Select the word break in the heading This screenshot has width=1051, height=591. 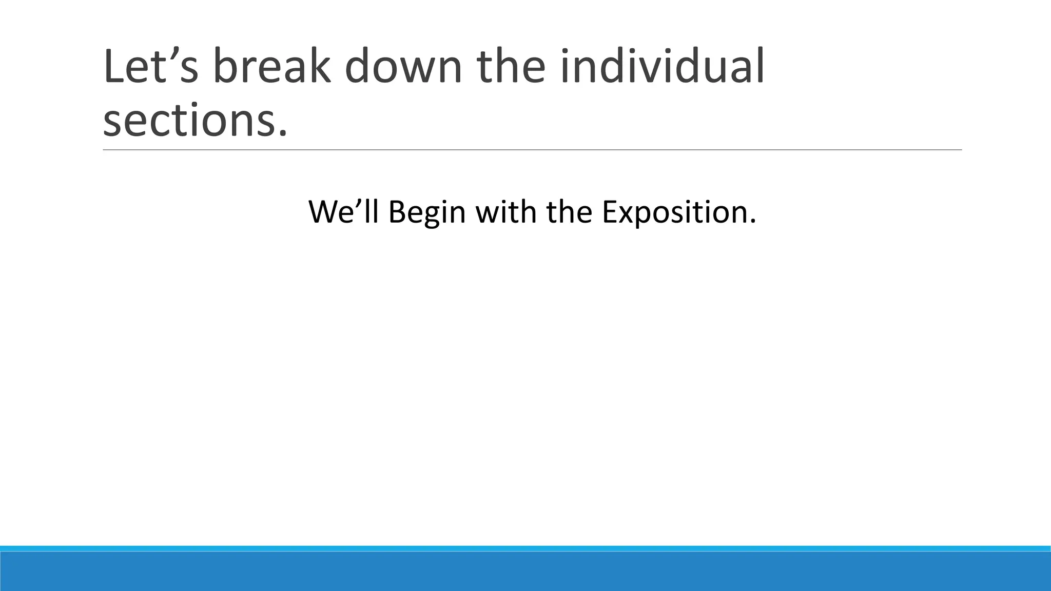coord(271,67)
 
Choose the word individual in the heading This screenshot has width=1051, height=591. coord(663,67)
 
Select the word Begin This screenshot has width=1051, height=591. coord(427,212)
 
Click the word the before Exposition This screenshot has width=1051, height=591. coord(570,211)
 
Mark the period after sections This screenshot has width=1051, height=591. coord(281,134)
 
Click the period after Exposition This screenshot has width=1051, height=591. coord(753,222)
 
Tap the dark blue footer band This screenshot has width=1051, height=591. coord(525,572)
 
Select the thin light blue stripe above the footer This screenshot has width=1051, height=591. coord(525,548)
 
